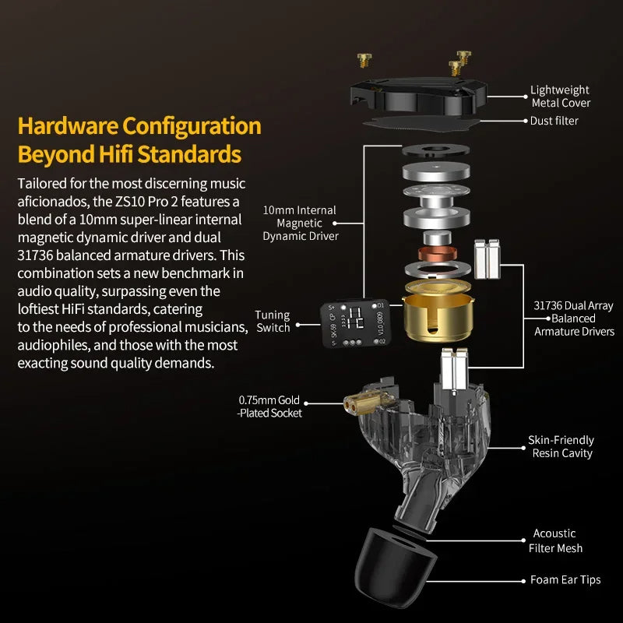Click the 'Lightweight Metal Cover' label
(x=560, y=97)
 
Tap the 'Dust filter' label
(x=554, y=121)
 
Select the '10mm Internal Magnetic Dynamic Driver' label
(x=299, y=223)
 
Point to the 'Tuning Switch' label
(x=273, y=321)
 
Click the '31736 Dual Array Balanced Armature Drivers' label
(x=574, y=319)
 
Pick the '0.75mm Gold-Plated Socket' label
(x=269, y=407)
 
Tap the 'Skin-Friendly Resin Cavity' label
(x=561, y=446)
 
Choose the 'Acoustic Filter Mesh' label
(x=554, y=540)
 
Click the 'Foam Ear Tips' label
(x=565, y=579)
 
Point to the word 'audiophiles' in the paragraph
(x=53, y=345)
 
